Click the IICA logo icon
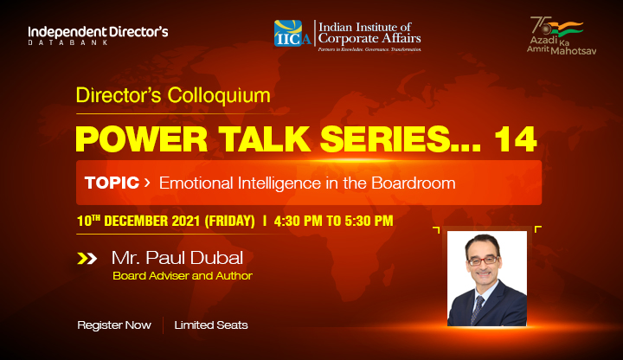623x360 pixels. click(x=292, y=34)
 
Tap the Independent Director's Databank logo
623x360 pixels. click(x=98, y=35)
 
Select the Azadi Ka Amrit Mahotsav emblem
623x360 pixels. click(x=562, y=35)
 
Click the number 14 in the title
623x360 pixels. click(x=516, y=139)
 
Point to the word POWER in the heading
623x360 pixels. click(x=141, y=139)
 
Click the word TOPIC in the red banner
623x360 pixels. click(x=112, y=183)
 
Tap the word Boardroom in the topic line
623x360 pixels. click(x=414, y=183)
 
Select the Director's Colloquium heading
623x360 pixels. click(x=173, y=95)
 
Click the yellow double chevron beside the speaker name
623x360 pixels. click(x=87, y=259)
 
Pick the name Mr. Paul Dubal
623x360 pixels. click(x=177, y=258)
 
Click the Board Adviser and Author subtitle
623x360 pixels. click(x=183, y=276)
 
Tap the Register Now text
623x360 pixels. click(x=114, y=325)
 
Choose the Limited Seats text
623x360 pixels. click(x=211, y=325)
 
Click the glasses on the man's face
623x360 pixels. click(x=482, y=260)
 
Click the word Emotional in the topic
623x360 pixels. click(x=196, y=183)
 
